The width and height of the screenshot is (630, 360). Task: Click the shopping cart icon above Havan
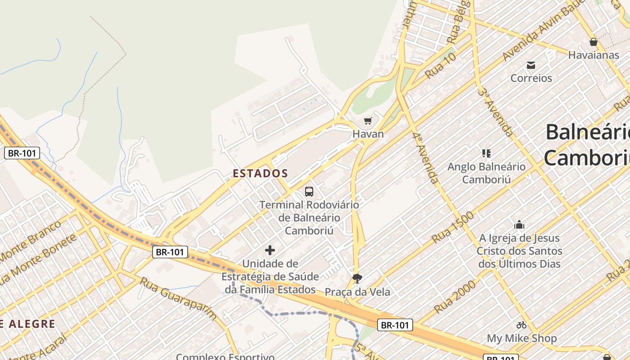tap(368, 121)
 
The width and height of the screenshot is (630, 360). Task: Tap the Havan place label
tap(368, 134)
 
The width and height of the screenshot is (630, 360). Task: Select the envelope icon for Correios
tap(531, 65)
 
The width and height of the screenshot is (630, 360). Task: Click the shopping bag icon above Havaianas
tap(594, 42)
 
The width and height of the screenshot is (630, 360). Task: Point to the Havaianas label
tap(594, 55)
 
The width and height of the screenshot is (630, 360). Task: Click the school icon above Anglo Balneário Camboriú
tap(486, 153)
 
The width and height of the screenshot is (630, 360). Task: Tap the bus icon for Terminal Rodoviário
tap(309, 192)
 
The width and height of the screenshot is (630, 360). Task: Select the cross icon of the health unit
tap(270, 250)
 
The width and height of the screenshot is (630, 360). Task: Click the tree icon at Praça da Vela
tap(357, 279)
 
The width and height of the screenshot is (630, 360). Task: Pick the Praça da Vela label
tap(357, 292)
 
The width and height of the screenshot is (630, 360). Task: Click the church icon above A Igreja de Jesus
tap(519, 225)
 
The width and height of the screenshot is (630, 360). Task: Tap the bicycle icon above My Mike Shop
tap(522, 325)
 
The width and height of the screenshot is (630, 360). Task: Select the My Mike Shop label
tap(522, 338)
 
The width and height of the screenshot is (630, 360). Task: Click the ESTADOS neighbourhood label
tap(260, 173)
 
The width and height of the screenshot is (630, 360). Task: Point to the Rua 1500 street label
tap(453, 227)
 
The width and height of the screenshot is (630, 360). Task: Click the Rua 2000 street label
tap(455, 297)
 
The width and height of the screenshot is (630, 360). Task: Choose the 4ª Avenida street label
tap(425, 157)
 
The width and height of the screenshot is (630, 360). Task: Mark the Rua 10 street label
tap(441, 66)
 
